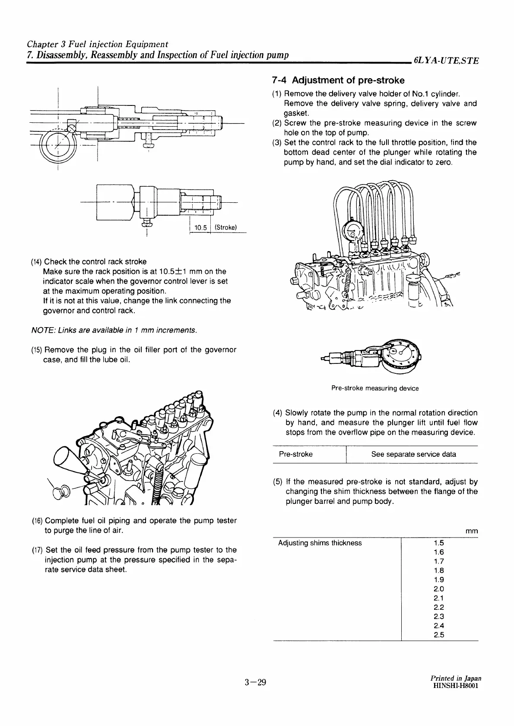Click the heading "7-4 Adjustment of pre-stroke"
coord(338,80)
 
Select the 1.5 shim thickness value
coord(438,543)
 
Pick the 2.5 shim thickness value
coord(438,635)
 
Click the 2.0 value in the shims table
coord(438,589)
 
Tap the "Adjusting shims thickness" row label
coord(320,543)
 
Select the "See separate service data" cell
coord(413,454)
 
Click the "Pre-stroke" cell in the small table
coord(296,454)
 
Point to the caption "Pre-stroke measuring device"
coord(374,388)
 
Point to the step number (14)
coord(36,262)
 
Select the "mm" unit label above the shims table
coord(472,531)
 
